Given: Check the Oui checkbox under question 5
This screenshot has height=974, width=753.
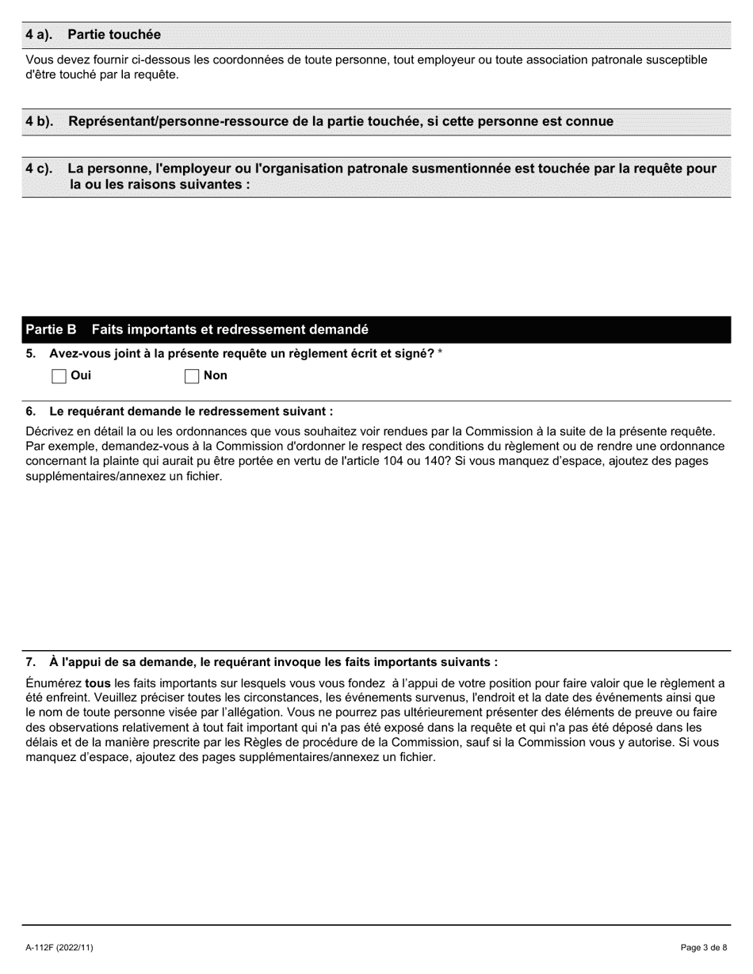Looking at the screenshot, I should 59,376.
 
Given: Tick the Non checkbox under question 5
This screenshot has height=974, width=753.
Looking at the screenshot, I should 192,376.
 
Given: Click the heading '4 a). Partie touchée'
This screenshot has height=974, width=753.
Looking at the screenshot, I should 93,35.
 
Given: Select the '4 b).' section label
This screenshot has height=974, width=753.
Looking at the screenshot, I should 40,121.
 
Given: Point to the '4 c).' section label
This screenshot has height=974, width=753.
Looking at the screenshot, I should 40,169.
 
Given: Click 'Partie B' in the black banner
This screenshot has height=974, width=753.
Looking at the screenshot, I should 51,329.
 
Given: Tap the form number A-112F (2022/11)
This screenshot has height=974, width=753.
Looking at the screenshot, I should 59,947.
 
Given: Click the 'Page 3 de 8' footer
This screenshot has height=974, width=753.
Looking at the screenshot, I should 704,947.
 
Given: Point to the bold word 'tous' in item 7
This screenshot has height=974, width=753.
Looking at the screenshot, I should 97,683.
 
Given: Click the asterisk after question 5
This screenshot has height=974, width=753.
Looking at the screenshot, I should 440,353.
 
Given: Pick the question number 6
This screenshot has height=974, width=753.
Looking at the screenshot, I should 31,411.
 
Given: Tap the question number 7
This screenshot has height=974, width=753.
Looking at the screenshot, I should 31,662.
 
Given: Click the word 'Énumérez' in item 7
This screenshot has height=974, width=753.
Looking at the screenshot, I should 54,683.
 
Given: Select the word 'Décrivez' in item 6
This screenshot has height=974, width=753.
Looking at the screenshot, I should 52,432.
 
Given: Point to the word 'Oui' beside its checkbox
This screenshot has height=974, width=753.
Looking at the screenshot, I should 81,375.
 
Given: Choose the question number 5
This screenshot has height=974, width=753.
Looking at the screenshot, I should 31,353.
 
